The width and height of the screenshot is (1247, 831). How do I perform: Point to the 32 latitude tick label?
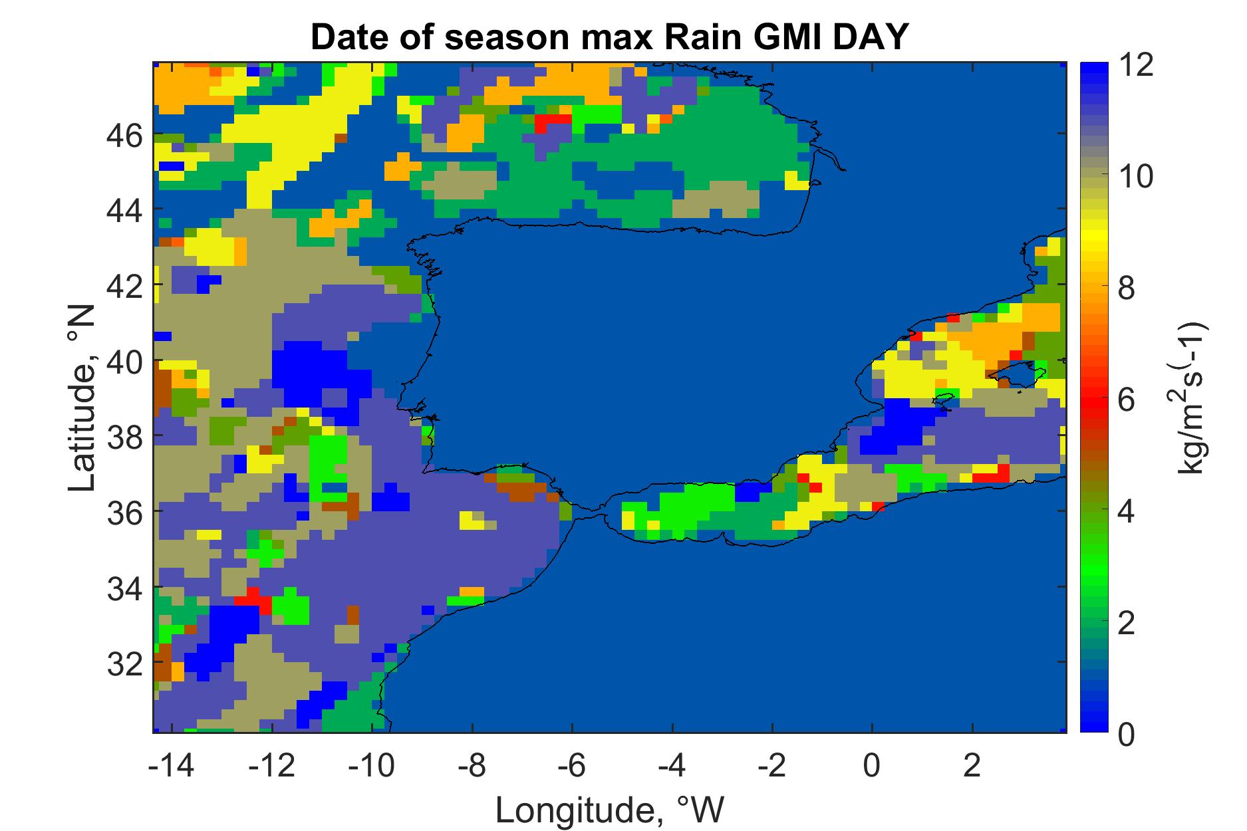(125, 662)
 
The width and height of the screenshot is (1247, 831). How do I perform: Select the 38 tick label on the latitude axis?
(125, 436)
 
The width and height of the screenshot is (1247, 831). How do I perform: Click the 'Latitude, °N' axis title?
(82, 398)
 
